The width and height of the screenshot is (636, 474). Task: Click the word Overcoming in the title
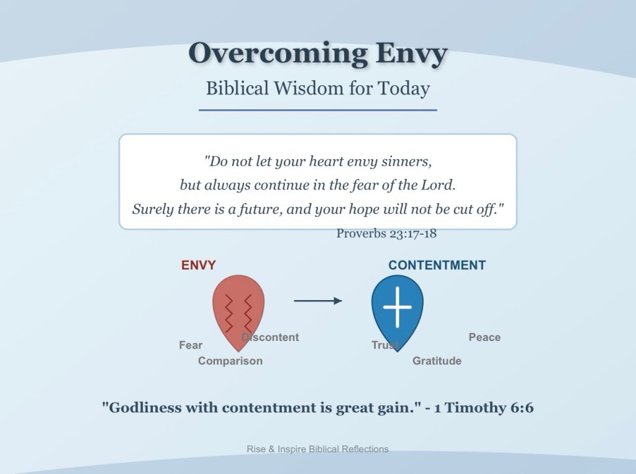(x=278, y=53)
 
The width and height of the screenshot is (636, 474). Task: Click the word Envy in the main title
(x=411, y=53)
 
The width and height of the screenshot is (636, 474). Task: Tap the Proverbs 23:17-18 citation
(x=386, y=234)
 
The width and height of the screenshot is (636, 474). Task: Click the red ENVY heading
(x=198, y=265)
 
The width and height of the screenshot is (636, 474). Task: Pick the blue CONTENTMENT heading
(x=437, y=265)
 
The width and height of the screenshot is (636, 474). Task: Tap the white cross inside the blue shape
(x=397, y=307)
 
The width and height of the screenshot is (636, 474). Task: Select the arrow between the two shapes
(x=318, y=301)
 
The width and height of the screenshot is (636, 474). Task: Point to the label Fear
(x=191, y=345)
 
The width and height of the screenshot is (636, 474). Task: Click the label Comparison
(x=230, y=361)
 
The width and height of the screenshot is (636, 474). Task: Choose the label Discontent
(x=270, y=337)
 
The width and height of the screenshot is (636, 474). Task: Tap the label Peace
(x=484, y=337)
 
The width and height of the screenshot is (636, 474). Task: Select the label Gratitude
(x=437, y=361)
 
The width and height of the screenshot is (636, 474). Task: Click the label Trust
(x=385, y=345)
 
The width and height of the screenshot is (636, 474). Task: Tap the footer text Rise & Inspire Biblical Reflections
(x=317, y=449)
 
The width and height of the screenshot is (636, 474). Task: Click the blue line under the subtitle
(x=318, y=109)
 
